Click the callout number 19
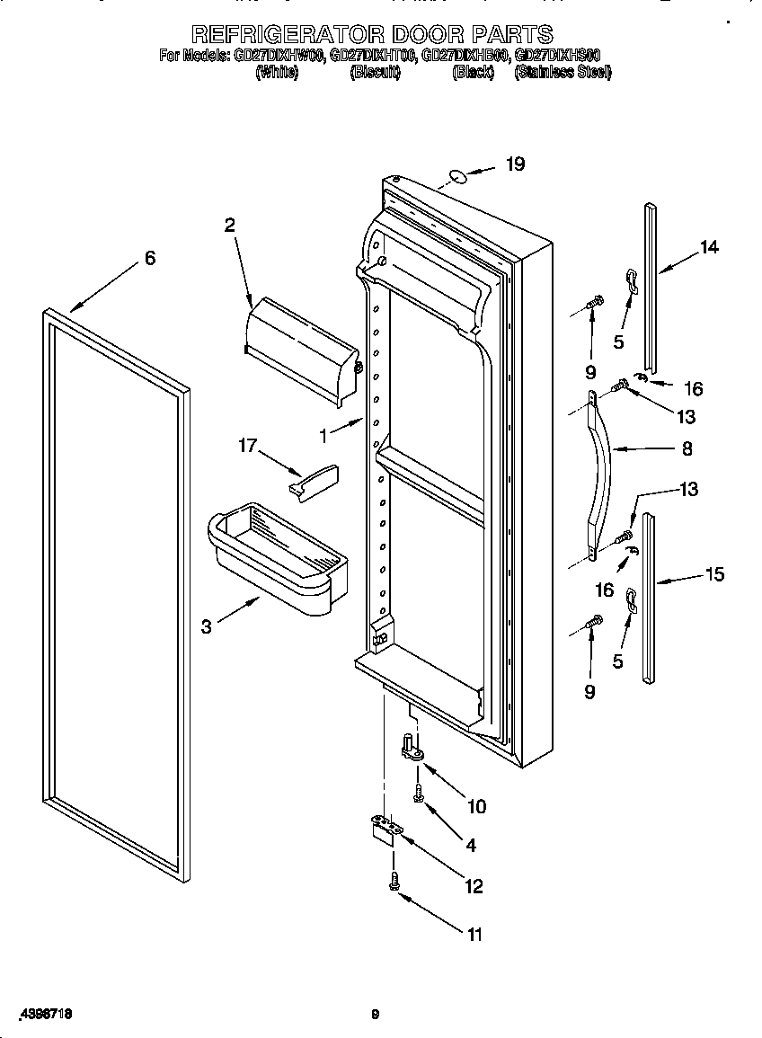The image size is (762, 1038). pos(514,164)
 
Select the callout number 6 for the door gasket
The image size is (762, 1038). pos(150,259)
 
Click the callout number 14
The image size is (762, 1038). pos(709,248)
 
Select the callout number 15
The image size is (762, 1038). pos(714,574)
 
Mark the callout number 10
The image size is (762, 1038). pos(476,806)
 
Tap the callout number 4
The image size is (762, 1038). pos(471,845)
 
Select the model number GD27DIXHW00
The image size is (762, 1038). pos(279,56)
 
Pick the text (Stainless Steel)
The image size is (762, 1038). pos(563,73)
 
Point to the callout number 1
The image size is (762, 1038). pos(323,436)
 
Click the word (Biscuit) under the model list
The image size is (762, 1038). pos(375,73)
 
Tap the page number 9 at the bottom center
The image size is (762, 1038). pos(376,1015)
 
